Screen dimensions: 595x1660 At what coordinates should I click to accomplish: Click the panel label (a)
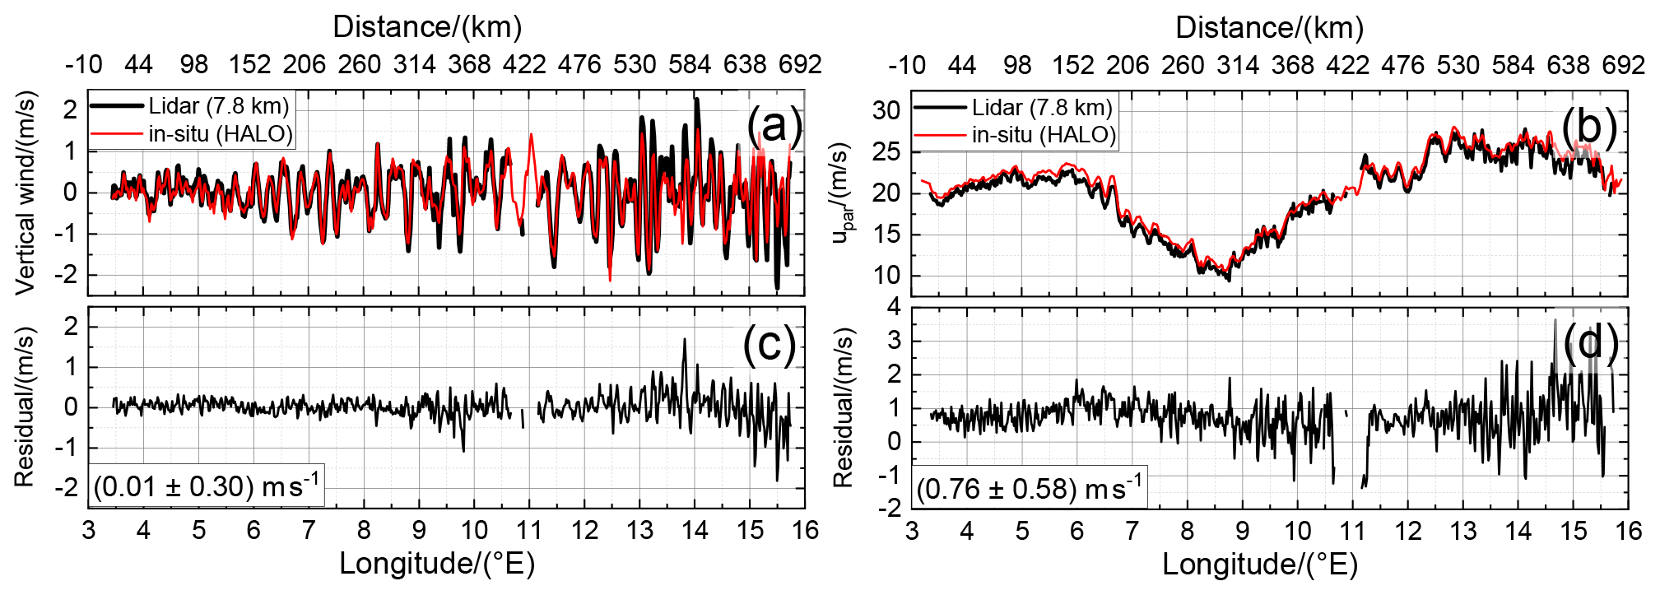(773, 125)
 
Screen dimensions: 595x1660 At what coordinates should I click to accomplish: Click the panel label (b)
(1590, 126)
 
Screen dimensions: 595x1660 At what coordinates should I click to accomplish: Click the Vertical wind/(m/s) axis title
(26, 193)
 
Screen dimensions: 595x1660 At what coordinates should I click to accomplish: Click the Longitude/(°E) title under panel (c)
(437, 564)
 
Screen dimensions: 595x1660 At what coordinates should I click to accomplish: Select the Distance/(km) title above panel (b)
(1269, 27)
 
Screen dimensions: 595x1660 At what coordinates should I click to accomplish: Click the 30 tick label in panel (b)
(886, 109)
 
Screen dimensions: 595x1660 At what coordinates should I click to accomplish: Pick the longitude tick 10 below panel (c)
(474, 529)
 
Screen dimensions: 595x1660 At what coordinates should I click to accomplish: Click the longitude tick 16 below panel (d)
(1627, 530)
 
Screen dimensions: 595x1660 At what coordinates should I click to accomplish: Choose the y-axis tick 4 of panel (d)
(894, 307)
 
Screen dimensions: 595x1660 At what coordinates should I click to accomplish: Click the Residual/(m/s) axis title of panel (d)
(844, 407)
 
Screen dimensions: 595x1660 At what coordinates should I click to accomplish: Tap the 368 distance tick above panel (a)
(469, 64)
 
